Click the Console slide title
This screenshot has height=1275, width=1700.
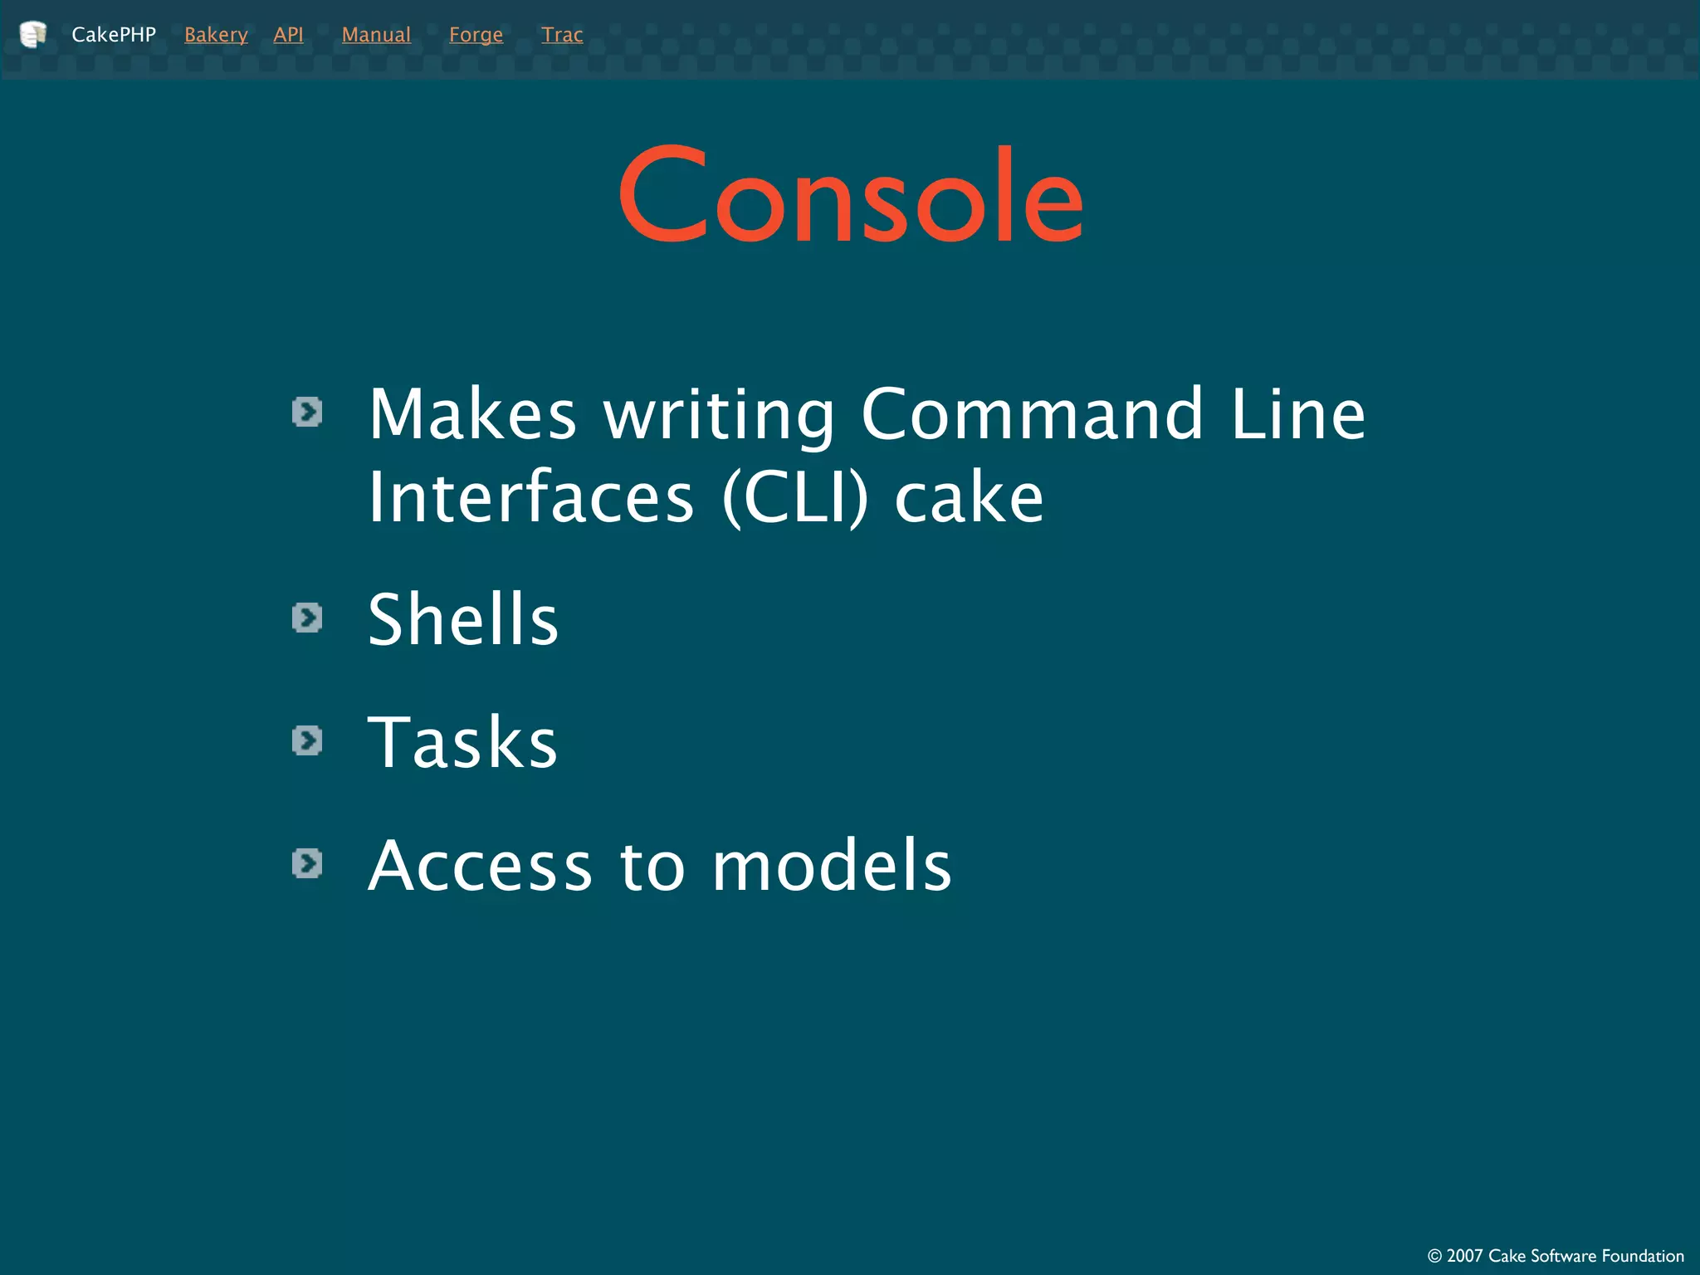(x=851, y=196)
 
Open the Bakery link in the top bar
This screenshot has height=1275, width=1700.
(x=216, y=35)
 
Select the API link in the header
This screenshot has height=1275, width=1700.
(x=288, y=35)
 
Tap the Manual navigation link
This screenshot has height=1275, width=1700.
(x=376, y=35)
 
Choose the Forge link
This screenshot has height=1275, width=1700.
(x=476, y=35)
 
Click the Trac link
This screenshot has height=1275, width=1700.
(x=562, y=35)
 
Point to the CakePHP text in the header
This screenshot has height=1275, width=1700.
(x=114, y=35)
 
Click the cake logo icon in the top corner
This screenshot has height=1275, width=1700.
(x=32, y=34)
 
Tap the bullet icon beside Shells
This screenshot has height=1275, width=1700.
(x=307, y=618)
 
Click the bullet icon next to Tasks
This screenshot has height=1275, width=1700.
(x=307, y=740)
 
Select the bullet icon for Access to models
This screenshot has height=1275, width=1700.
(x=307, y=863)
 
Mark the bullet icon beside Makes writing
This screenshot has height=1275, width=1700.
(x=307, y=412)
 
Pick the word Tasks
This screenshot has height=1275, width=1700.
(x=462, y=742)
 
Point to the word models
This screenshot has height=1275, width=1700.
(x=832, y=865)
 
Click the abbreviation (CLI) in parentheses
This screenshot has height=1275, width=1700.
(x=795, y=497)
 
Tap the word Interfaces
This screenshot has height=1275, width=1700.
(x=531, y=497)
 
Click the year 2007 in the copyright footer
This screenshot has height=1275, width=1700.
(x=1464, y=1256)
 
